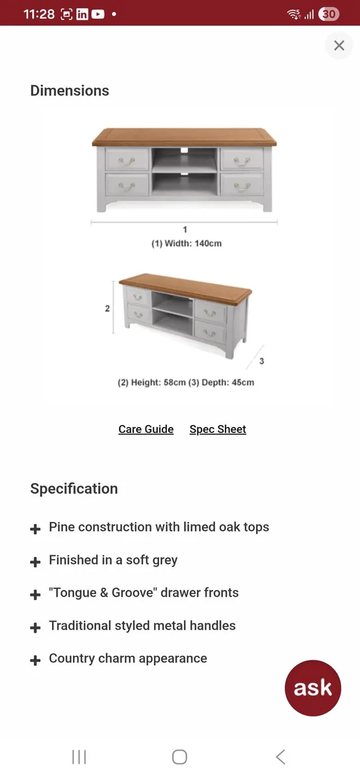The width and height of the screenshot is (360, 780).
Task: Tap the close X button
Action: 339,45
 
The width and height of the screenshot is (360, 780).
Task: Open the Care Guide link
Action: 146,429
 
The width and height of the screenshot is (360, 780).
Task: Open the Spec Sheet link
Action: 218,429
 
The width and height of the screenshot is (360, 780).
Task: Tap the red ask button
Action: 313,688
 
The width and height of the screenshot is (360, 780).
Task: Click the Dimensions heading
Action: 70,91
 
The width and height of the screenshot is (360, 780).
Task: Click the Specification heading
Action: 74,489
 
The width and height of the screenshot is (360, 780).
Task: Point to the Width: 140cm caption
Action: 186,244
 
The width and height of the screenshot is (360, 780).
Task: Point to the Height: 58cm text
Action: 151,382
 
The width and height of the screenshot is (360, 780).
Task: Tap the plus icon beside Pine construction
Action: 35,528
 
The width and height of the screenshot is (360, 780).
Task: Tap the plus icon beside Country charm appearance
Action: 35,660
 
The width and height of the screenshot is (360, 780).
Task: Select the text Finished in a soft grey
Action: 113,560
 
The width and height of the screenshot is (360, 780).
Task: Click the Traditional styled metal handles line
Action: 142,625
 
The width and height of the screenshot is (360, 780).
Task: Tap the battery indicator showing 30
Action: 329,14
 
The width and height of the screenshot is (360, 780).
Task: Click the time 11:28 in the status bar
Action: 39,14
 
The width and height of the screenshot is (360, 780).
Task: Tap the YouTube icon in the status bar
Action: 97,14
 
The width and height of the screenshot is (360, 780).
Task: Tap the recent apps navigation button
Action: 79,757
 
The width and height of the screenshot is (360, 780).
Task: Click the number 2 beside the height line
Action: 108,309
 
